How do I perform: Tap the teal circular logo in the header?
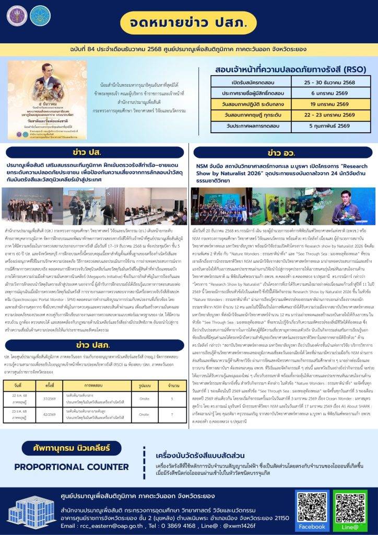click(x=40, y=16)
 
